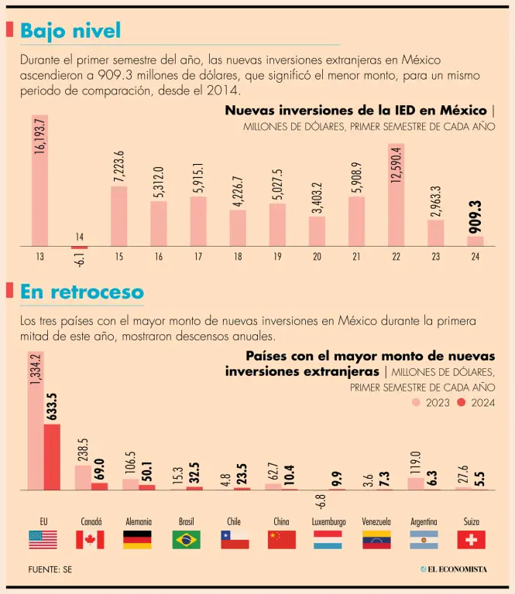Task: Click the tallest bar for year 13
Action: click(x=39, y=182)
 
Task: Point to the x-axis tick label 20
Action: click(x=317, y=257)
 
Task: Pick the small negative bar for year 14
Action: click(x=79, y=247)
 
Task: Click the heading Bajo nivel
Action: click(x=70, y=31)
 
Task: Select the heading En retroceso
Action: click(x=81, y=292)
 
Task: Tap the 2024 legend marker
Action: click(x=462, y=402)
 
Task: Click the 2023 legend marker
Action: click(x=416, y=402)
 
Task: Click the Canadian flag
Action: click(x=90, y=539)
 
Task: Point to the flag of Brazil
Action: click(x=186, y=539)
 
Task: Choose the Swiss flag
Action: click(x=471, y=539)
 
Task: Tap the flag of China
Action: click(x=282, y=539)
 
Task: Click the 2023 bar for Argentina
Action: click(x=415, y=483)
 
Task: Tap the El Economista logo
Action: click(x=455, y=569)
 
